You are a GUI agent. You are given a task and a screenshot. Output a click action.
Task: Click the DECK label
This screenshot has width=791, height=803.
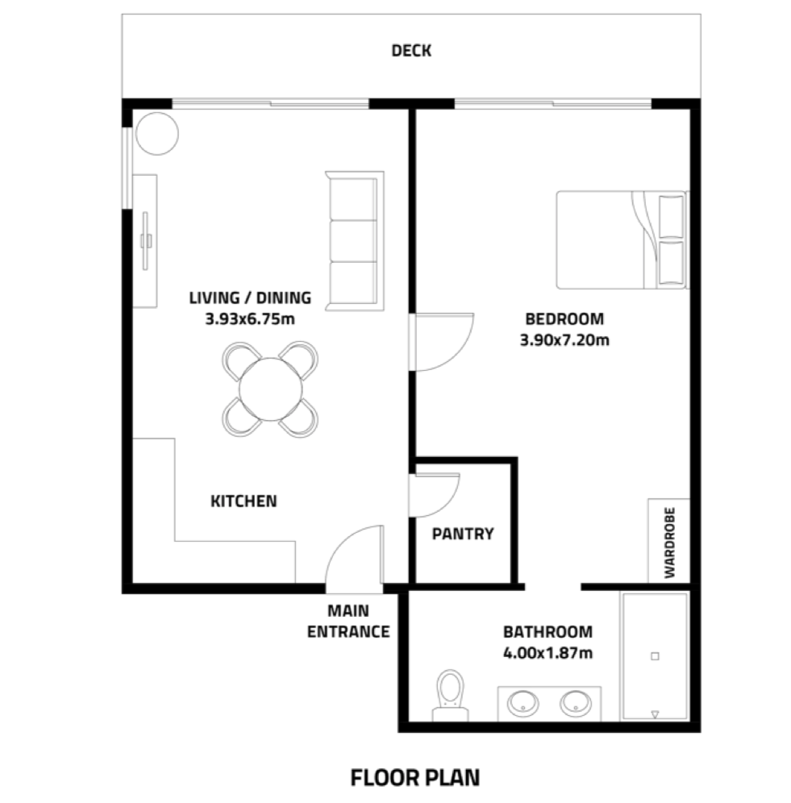(411, 51)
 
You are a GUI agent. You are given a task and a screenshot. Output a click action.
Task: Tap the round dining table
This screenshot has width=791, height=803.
(270, 389)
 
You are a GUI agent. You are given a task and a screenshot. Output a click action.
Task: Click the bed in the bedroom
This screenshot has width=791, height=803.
(621, 239)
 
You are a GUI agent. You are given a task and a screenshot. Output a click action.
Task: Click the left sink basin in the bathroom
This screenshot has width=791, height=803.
(522, 703)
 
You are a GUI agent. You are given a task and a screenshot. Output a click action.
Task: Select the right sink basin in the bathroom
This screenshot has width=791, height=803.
(577, 703)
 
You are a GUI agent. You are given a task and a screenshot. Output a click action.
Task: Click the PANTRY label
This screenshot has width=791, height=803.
(462, 534)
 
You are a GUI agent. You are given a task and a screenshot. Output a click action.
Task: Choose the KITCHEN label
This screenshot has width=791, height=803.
(244, 501)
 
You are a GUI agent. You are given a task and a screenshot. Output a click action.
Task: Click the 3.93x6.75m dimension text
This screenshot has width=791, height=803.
(250, 318)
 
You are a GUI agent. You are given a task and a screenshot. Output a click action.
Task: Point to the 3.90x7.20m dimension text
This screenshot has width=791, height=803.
(564, 339)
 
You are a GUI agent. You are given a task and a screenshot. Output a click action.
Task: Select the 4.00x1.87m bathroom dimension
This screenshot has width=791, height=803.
(547, 652)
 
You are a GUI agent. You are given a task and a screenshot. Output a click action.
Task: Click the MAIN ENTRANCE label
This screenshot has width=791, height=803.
(348, 622)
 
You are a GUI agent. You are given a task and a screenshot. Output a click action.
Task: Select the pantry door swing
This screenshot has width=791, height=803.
(433, 494)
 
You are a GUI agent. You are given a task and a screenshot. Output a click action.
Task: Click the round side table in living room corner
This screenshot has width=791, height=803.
(156, 133)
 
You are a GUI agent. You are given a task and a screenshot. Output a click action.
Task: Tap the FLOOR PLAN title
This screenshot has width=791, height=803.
(414, 777)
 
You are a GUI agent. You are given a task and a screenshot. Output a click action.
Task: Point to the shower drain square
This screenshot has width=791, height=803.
(655, 656)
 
